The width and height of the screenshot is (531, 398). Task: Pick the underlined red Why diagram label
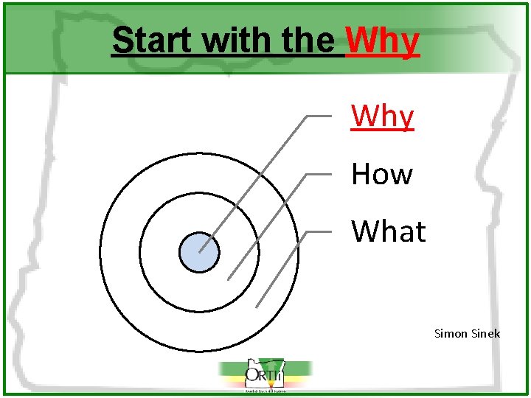point(382,116)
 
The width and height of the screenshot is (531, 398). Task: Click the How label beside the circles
point(381,175)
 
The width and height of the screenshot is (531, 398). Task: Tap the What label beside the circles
point(388,231)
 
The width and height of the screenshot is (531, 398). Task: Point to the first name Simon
point(451,334)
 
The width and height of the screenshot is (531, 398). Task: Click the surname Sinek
point(485,334)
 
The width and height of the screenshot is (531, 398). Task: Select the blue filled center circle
point(199,252)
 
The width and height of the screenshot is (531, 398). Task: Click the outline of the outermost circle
point(100,252)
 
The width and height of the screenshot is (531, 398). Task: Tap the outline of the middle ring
point(140,252)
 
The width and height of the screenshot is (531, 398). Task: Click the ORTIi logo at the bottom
point(265,376)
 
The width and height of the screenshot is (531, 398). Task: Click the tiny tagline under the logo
point(265,391)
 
